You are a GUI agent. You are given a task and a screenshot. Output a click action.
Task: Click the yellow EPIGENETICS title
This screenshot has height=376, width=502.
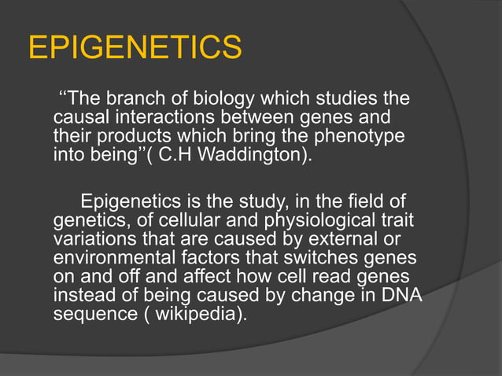135,48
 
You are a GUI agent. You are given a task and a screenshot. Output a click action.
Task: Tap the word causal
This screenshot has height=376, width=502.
76,118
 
